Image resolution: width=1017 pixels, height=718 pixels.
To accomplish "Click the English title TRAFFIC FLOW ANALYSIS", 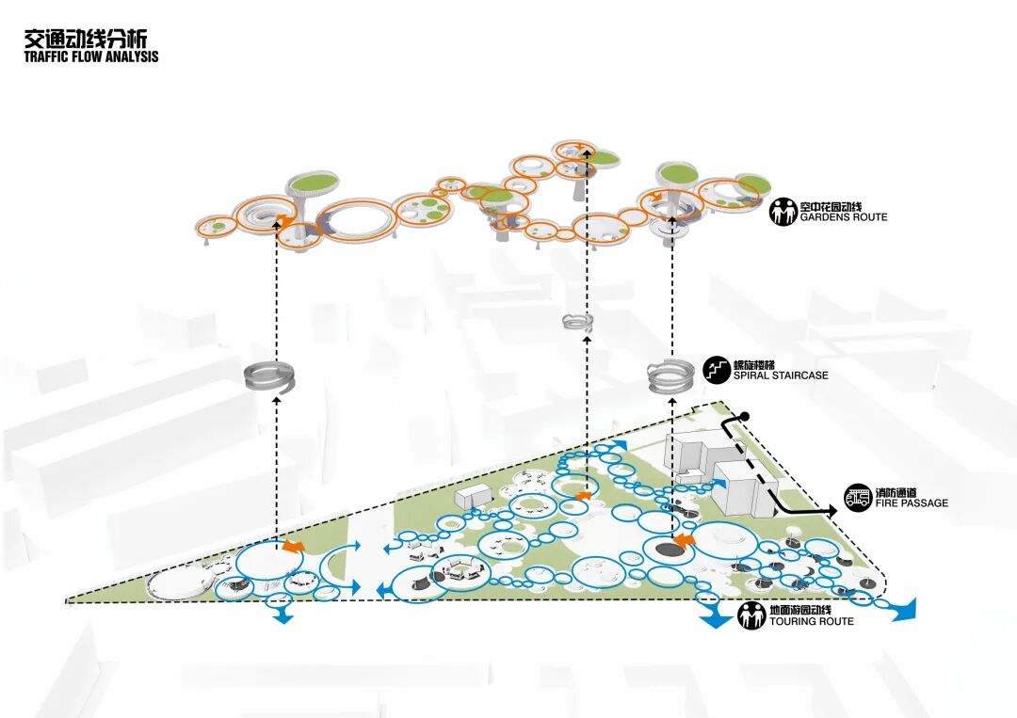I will pyautogui.click(x=91, y=56).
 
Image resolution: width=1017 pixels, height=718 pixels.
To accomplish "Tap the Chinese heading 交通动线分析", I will pyautogui.click(x=86, y=39).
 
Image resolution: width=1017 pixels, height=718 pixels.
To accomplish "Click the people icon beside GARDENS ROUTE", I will pyautogui.click(x=783, y=211).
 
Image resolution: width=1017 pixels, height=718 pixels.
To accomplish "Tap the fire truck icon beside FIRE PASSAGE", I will pyautogui.click(x=857, y=497).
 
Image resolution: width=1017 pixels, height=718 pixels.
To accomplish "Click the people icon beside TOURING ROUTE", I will pyautogui.click(x=751, y=616).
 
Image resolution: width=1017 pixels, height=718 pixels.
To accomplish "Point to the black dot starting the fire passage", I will pyautogui.click(x=744, y=416).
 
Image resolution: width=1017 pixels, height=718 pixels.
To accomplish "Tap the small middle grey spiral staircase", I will pyautogui.click(x=577, y=323).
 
